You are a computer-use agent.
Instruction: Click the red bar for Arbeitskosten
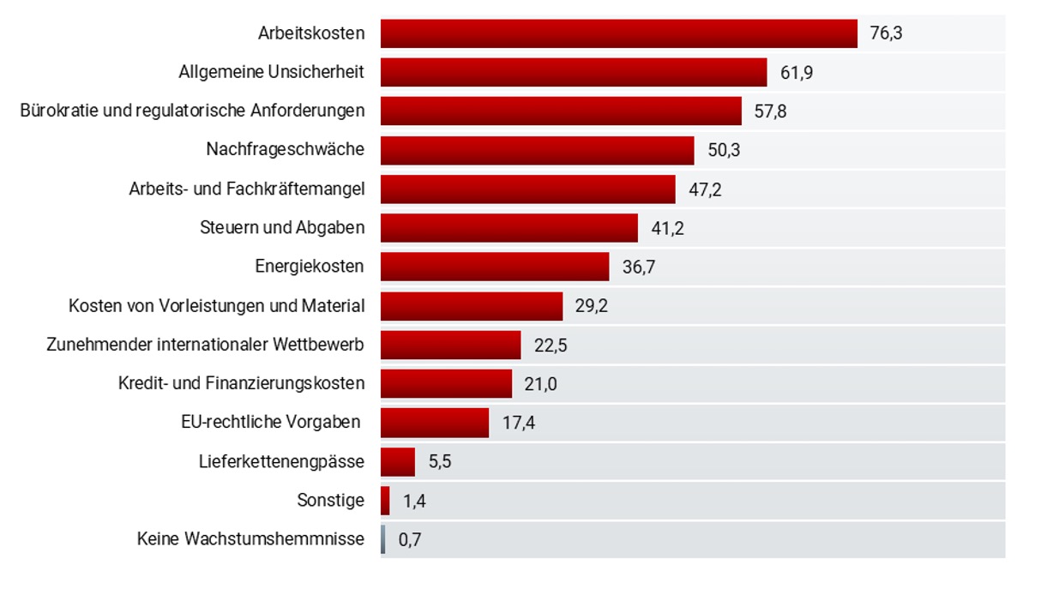pos(618,33)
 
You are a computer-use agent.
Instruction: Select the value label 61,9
pos(797,73)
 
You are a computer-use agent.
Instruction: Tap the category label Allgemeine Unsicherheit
pos(271,73)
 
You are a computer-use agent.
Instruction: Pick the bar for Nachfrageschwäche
pos(537,150)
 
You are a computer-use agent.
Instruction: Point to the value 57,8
pos(770,111)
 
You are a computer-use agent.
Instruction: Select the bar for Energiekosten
pos(495,267)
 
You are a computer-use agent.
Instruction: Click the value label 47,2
pos(705,189)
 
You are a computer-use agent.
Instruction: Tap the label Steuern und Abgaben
pos(282,227)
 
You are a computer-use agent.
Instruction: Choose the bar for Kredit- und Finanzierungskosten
pos(446,383)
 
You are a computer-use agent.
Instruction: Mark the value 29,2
pos(592,305)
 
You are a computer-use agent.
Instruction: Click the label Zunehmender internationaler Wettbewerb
pos(206,345)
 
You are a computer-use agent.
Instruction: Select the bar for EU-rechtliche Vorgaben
pos(435,423)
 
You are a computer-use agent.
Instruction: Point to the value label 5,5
pos(440,462)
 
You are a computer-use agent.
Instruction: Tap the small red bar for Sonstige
pos(385,501)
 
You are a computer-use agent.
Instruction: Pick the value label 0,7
pos(410,540)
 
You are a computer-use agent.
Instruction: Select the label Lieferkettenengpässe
pos(281,462)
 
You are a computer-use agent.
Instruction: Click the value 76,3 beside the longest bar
pos(887,34)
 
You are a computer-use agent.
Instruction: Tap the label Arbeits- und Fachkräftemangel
pos(246,189)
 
